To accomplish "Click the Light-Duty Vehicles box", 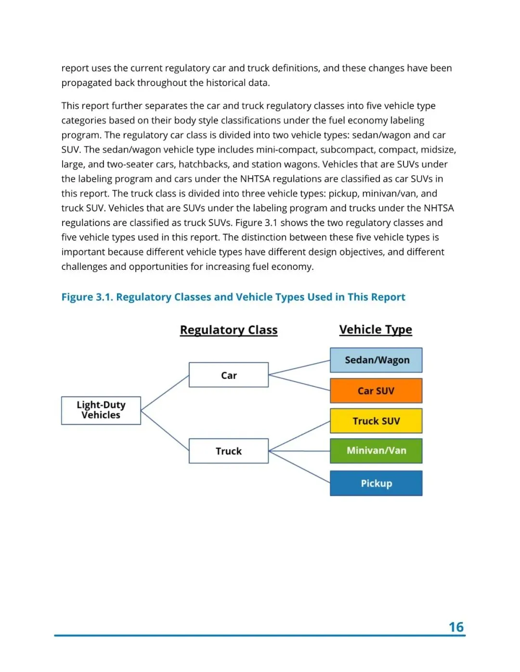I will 101,410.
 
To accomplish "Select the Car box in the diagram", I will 229,375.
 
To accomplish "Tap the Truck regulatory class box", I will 229,451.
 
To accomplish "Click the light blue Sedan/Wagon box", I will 376,360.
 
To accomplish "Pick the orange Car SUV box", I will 376,391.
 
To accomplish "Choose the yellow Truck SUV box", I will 376,421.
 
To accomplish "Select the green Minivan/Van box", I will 376,451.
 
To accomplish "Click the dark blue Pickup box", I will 376,483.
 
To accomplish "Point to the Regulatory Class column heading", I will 229,330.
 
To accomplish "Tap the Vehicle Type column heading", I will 376,330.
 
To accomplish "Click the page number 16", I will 456,627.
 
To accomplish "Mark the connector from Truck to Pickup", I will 299,467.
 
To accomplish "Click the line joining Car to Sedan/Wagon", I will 299,368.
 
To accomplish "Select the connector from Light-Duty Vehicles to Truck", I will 165,431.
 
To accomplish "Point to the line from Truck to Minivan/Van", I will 299,451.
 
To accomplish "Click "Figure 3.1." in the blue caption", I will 87,297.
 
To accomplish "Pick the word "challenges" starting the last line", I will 84,266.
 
